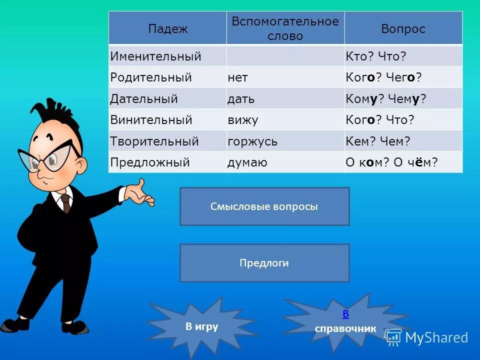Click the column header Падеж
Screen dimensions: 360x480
[x=167, y=29]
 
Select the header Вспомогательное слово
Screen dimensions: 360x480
[x=285, y=29]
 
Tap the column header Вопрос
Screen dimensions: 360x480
[x=403, y=29]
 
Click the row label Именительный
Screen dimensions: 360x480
[x=155, y=56]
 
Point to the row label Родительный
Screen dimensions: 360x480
[x=151, y=78]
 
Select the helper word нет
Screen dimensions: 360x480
[x=238, y=78]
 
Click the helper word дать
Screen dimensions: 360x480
[x=241, y=99]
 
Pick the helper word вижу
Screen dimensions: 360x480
[x=242, y=120]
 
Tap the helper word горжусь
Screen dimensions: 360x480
[x=252, y=142]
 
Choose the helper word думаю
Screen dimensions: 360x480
[x=247, y=163]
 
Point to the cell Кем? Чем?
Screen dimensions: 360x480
[x=377, y=142]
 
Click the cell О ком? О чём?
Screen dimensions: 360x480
[x=391, y=163]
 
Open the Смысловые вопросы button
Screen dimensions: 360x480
[x=264, y=206]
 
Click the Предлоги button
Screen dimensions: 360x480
[x=264, y=263]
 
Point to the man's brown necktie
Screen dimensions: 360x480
[x=65, y=203]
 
